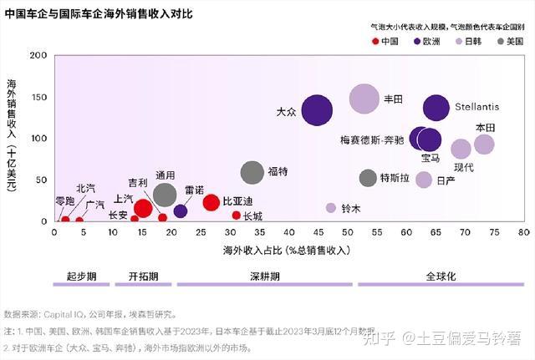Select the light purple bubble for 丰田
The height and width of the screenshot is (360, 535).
pyautogui.click(x=364, y=99)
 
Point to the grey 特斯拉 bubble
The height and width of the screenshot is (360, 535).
pyautogui.click(x=368, y=178)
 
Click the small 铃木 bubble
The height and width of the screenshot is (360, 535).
pyautogui.click(x=331, y=208)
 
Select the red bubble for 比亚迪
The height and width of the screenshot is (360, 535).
pyautogui.click(x=211, y=202)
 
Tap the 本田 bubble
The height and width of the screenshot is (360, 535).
pyautogui.click(x=484, y=144)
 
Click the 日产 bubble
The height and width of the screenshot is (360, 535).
pyautogui.click(x=424, y=180)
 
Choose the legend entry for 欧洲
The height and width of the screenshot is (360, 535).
pyautogui.click(x=426, y=40)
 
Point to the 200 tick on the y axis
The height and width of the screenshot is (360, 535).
pyautogui.click(x=38, y=55)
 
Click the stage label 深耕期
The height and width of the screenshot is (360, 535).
pyautogui.click(x=264, y=275)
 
